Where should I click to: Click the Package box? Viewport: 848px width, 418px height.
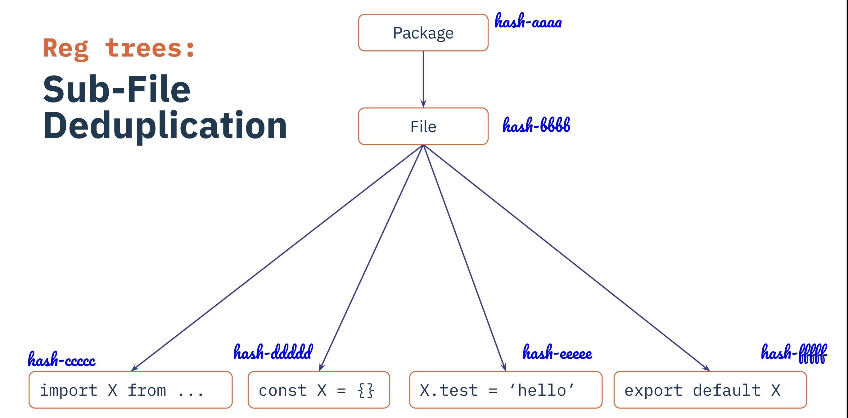(423, 33)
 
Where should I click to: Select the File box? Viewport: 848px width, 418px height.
(423, 126)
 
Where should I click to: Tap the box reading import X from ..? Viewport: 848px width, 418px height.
(130, 390)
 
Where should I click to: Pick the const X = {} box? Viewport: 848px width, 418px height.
(319, 390)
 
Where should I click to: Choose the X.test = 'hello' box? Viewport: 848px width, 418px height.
(506, 390)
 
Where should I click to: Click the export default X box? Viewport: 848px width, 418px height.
(710, 390)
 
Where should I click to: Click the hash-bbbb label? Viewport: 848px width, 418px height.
(536, 125)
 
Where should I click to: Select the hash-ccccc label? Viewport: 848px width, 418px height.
(61, 359)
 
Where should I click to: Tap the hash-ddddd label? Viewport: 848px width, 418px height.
(273, 352)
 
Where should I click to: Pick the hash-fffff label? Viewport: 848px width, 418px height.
(794, 353)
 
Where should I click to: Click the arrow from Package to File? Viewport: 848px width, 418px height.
(423, 80)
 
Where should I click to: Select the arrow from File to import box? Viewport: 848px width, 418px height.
(277, 258)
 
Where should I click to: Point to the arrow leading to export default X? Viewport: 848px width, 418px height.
(566, 258)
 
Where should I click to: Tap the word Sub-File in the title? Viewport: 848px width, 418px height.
(116, 89)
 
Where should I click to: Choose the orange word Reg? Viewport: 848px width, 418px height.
(65, 49)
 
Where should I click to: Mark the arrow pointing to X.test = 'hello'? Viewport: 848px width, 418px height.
(464, 258)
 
